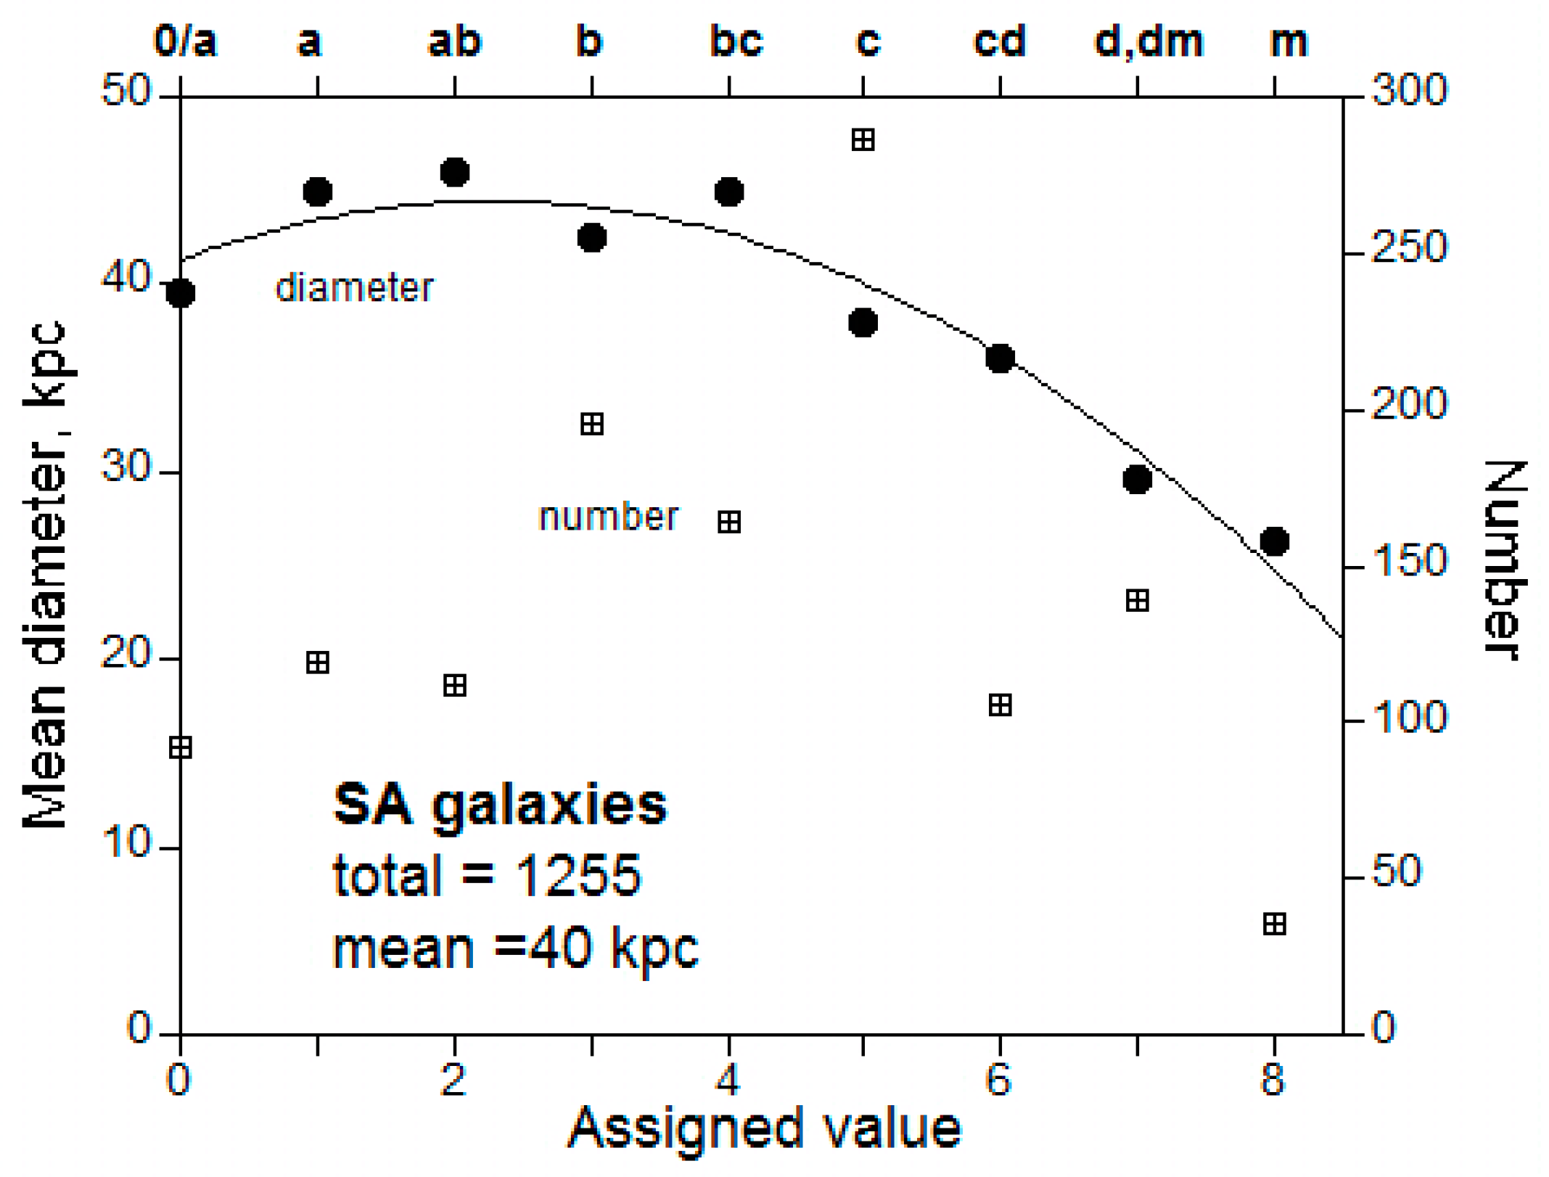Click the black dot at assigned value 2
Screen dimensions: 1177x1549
click(x=454, y=172)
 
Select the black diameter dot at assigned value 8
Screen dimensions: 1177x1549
click(x=1274, y=541)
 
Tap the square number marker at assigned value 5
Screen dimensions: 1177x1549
click(x=863, y=139)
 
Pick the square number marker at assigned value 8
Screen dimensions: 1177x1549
click(x=1274, y=924)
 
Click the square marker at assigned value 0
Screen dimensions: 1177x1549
click(x=181, y=747)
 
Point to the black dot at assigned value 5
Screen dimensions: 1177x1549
click(x=863, y=321)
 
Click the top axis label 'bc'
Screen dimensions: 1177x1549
click(x=736, y=41)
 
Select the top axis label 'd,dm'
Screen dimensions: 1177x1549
click(x=1149, y=41)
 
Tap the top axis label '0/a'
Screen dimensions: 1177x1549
click(x=185, y=41)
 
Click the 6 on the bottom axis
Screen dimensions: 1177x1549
click(x=998, y=1079)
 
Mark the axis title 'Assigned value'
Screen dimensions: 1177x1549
click(x=764, y=1129)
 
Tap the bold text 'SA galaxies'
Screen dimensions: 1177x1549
click(x=500, y=804)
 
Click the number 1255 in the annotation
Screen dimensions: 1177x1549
click(x=578, y=874)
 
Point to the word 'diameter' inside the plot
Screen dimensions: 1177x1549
click(x=354, y=288)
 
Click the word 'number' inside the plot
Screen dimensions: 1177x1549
click(x=608, y=517)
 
